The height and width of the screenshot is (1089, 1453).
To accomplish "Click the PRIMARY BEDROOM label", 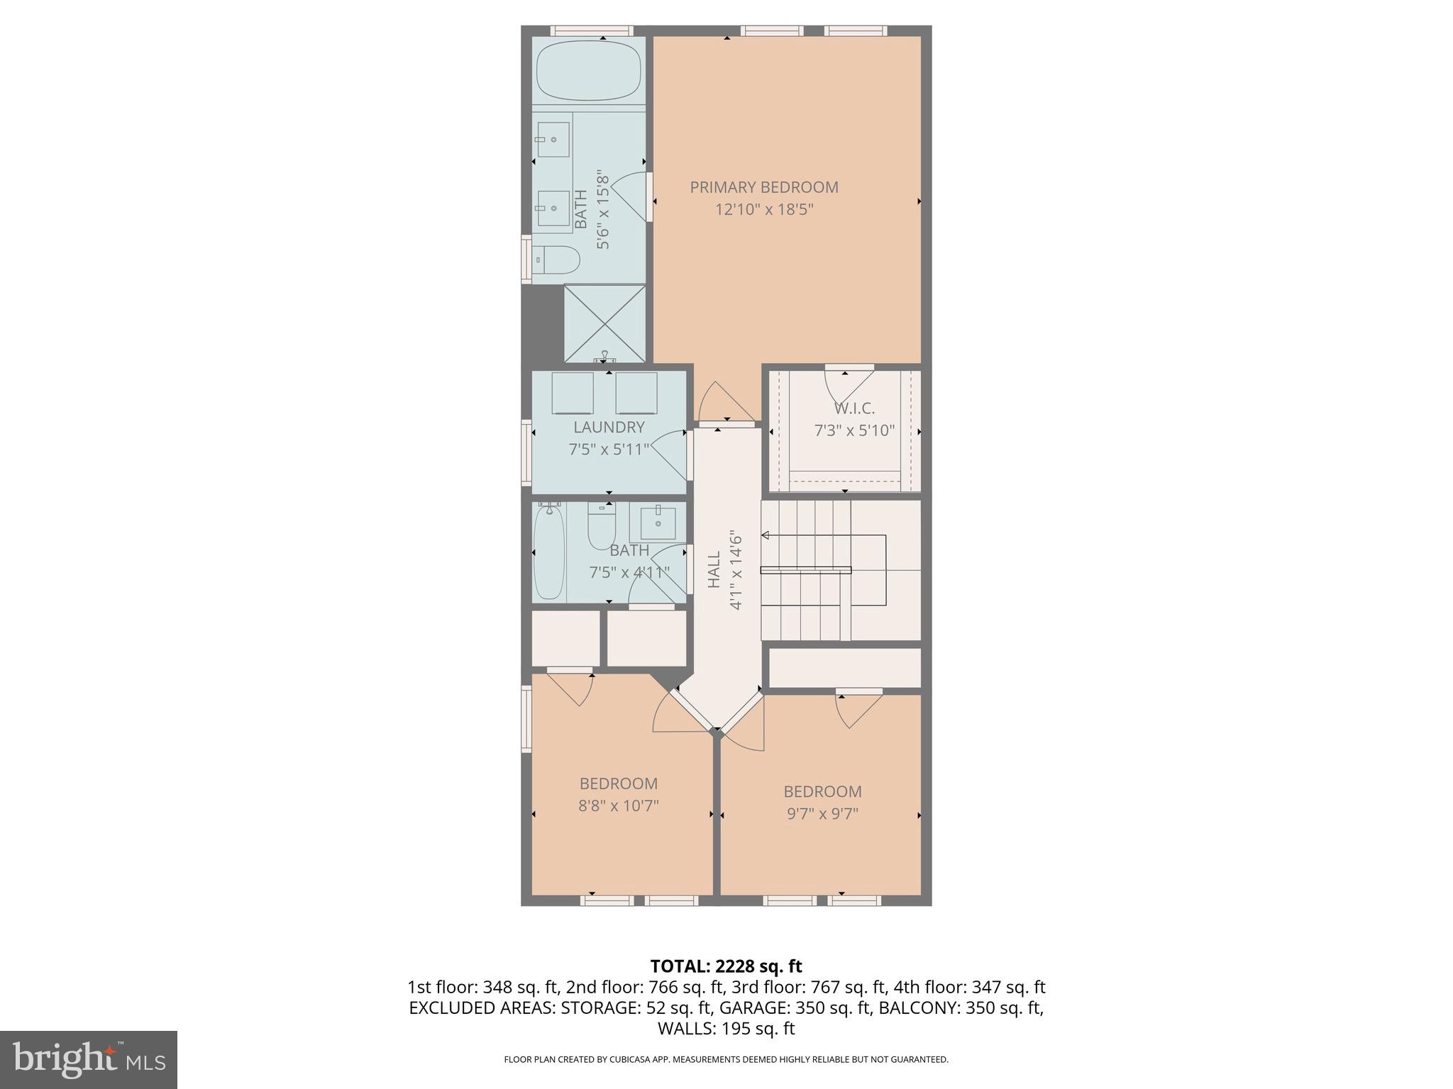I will [x=764, y=187].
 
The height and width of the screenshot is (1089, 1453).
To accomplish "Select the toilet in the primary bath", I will [x=558, y=260].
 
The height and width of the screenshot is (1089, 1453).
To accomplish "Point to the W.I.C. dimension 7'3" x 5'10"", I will [x=854, y=430].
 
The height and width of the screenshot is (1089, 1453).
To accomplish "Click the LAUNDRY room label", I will [x=609, y=427].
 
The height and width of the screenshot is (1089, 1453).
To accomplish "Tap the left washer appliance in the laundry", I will [x=572, y=393].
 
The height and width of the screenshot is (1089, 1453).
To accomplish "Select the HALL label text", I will [x=714, y=569].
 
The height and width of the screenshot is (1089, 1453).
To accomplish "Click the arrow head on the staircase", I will [x=766, y=535].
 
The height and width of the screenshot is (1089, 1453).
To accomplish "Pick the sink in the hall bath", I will [x=658, y=523].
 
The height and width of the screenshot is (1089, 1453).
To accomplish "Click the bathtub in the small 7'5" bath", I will [x=548, y=552].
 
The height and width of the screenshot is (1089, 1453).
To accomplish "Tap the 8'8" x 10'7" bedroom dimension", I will [x=619, y=805].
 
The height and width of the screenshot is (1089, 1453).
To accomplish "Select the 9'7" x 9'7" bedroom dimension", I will [x=822, y=813].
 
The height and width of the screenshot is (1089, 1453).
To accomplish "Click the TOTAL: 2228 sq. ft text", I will [x=726, y=966].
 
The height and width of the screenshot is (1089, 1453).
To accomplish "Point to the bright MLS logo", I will [x=89, y=1059].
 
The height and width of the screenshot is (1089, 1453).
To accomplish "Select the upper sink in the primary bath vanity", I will [x=553, y=139].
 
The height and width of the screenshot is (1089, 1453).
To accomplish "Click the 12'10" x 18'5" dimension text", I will [x=764, y=209].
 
